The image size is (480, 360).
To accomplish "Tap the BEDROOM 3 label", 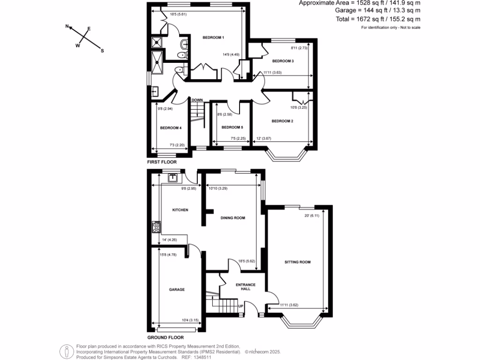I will pos(283,61).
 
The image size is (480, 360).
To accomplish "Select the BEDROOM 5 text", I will pos(232,127).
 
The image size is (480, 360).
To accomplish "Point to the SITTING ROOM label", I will pos(298,262).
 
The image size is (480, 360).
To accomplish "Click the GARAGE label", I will pos(177,290).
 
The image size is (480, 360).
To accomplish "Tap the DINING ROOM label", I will pos(233,218).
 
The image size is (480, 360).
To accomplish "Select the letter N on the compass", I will pos(67,27).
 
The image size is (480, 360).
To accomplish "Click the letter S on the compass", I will pos(102,51).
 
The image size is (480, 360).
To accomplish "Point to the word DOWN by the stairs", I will pos(197,100).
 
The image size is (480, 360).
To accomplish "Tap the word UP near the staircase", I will pos(241,307).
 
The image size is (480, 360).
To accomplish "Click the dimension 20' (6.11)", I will pos(312,216).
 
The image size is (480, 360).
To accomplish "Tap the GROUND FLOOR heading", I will pos(165,337).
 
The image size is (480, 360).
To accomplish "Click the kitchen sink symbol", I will pos(172,177).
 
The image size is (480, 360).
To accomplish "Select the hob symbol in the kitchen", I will pos(156,228).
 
